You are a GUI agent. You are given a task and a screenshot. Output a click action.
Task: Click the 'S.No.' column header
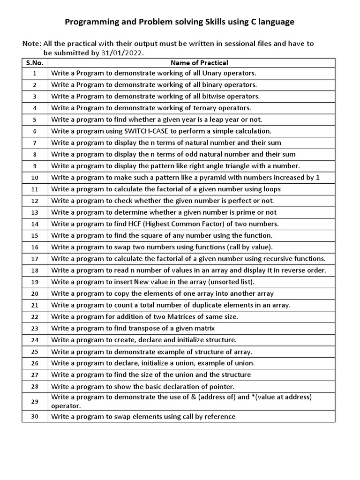(x=35, y=62)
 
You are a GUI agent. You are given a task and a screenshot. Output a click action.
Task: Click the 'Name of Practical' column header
(x=199, y=62)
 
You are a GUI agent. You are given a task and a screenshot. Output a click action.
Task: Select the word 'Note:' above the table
(x=31, y=44)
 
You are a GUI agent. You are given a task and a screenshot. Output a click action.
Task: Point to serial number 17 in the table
(x=35, y=259)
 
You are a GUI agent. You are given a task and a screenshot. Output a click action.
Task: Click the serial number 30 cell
(x=35, y=417)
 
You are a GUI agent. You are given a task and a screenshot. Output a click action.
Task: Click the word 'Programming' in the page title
(x=86, y=22)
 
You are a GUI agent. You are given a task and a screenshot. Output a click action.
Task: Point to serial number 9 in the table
(x=35, y=166)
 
